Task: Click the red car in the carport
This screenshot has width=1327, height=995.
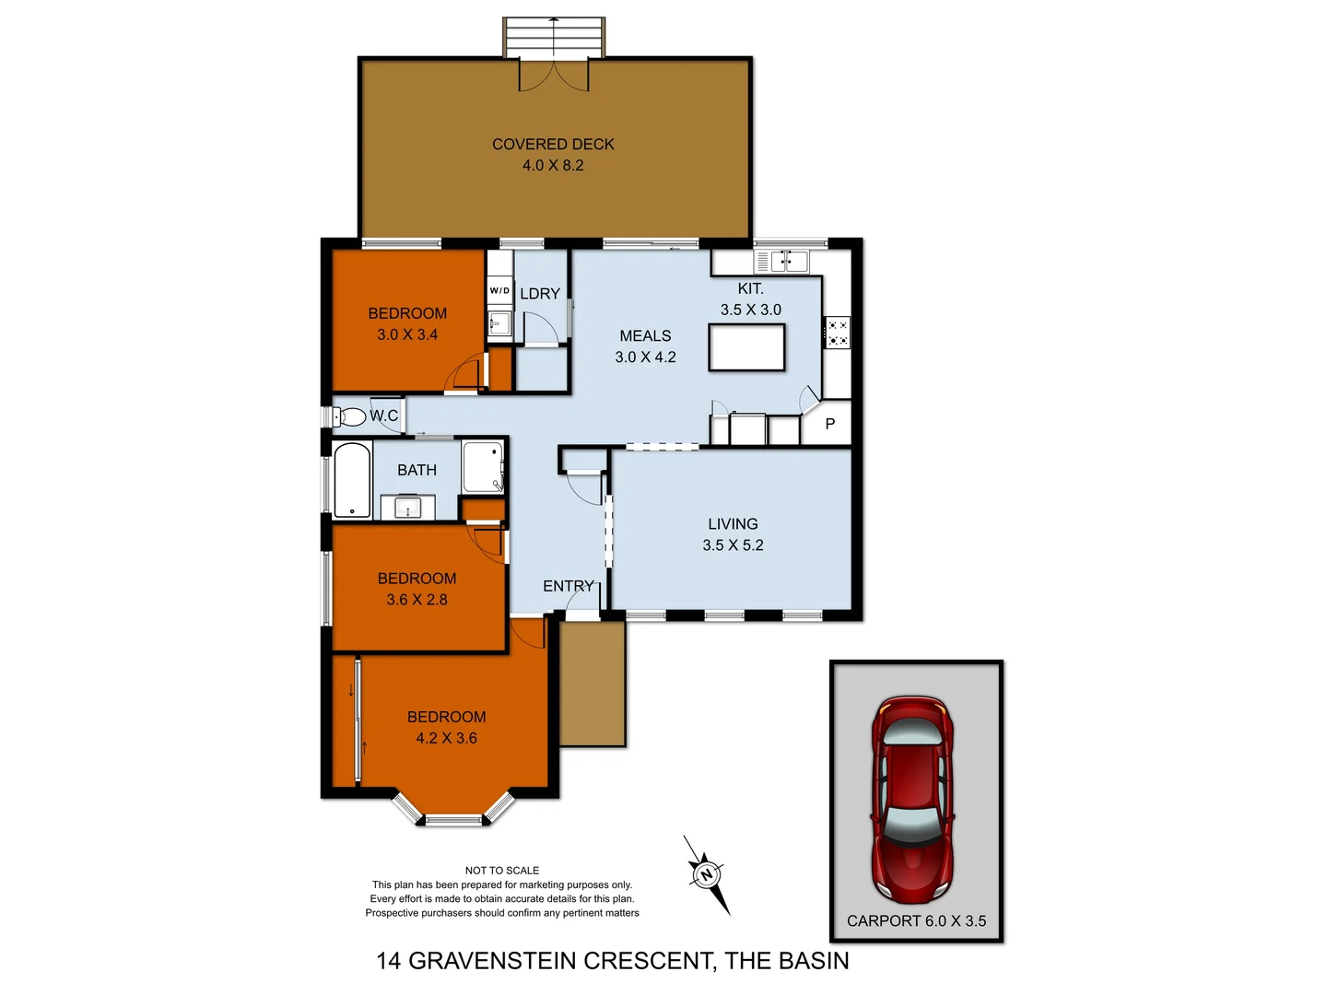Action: point(911,798)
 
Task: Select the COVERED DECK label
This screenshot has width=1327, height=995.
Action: point(553,145)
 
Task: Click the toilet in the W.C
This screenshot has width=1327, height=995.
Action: point(350,416)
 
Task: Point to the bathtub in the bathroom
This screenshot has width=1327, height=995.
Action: point(352,481)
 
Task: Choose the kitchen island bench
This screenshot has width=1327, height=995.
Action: point(747,349)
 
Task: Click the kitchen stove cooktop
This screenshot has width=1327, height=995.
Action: point(837,333)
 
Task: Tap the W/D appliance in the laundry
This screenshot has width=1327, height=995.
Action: point(499,290)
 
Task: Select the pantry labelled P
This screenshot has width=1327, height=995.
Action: point(829,424)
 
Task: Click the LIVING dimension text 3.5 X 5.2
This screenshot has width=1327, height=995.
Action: point(733,545)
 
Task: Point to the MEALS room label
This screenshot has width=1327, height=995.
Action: point(645,336)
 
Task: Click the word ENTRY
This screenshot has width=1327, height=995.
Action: point(568,586)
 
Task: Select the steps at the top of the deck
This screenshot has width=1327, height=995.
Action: point(553,37)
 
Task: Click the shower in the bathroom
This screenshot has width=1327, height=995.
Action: point(482,467)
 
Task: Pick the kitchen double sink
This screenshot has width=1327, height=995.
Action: point(789,262)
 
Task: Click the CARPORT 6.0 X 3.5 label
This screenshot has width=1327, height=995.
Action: point(916,920)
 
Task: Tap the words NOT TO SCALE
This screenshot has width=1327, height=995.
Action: point(502,870)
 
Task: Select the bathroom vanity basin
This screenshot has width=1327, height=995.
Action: point(406,507)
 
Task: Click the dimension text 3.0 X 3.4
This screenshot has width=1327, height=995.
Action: point(407,334)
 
